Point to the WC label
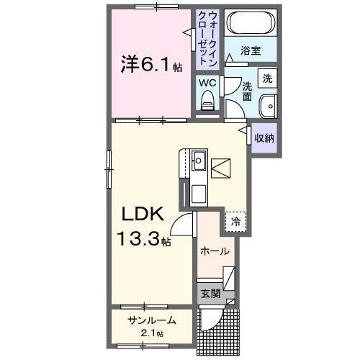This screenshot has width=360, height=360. tap(207, 83)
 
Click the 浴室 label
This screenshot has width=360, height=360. tap(251, 51)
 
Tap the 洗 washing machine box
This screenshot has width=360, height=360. tap(266, 77)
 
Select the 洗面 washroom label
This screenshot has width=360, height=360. tap(246, 91)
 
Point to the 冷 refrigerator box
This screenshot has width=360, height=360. tap(235, 222)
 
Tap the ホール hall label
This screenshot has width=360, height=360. tap(214, 252)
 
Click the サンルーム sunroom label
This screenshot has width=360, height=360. tap(152, 321)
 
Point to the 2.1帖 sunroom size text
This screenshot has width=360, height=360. tap(152, 333)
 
